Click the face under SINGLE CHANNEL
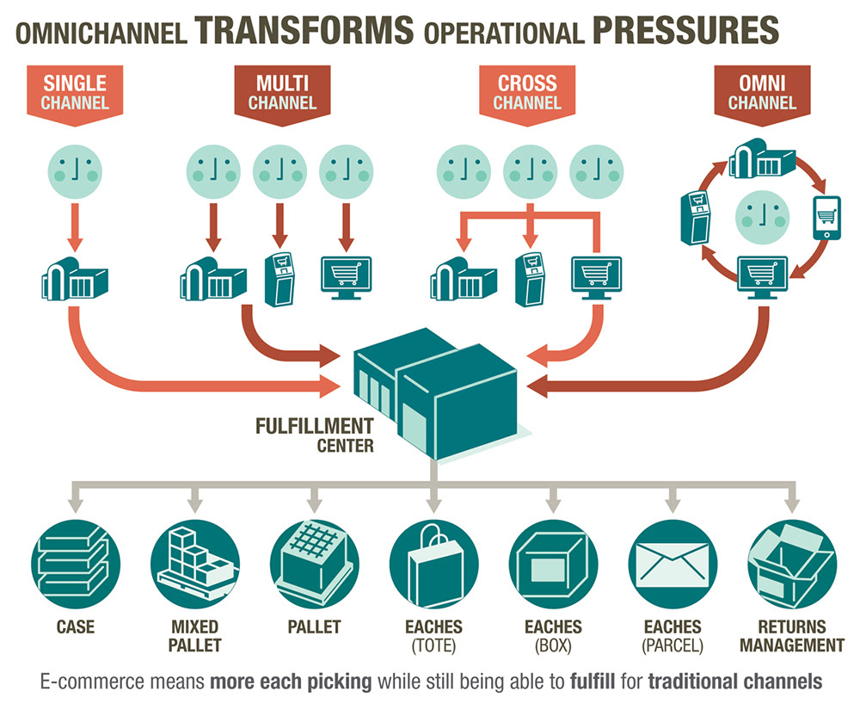pos(76,166)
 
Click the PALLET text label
pos(313,627)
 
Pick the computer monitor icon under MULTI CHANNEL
pos(346,278)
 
